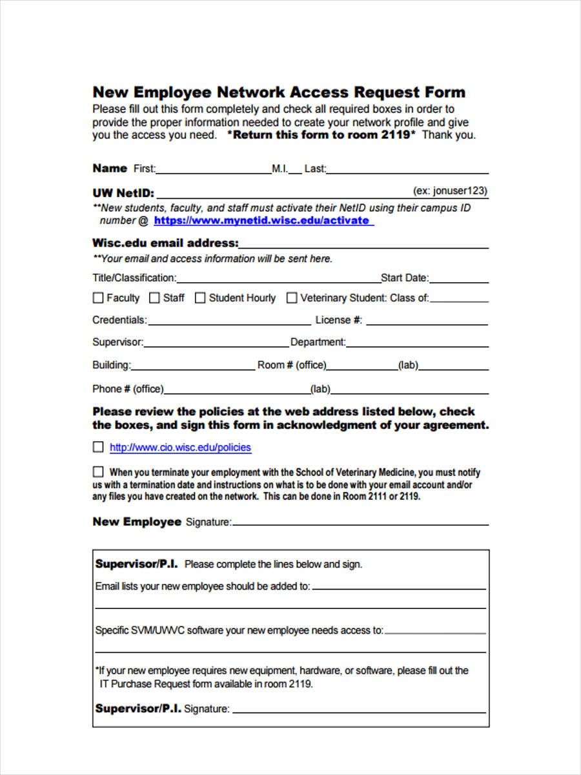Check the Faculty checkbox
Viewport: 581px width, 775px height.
[x=98, y=298]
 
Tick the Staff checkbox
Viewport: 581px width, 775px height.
[x=154, y=298]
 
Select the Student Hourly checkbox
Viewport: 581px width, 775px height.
[x=200, y=298]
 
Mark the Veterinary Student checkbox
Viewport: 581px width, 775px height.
[x=292, y=298]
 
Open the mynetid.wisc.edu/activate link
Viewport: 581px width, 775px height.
[x=261, y=220]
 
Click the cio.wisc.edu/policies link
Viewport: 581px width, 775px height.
[x=180, y=448]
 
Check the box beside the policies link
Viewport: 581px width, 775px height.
[x=98, y=447]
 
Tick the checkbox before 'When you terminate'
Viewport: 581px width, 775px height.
[x=98, y=471]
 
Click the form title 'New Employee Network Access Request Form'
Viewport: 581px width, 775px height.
[x=279, y=92]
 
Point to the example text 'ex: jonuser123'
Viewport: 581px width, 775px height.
[x=450, y=191]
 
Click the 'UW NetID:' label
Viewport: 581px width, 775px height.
[x=123, y=192]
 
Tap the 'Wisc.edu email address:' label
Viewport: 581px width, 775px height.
[x=165, y=243]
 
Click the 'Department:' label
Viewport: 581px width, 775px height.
[x=318, y=342]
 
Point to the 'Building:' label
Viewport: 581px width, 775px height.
[x=111, y=365]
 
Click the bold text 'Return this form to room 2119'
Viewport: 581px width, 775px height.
[x=321, y=135]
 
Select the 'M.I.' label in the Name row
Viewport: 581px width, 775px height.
[x=280, y=169]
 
